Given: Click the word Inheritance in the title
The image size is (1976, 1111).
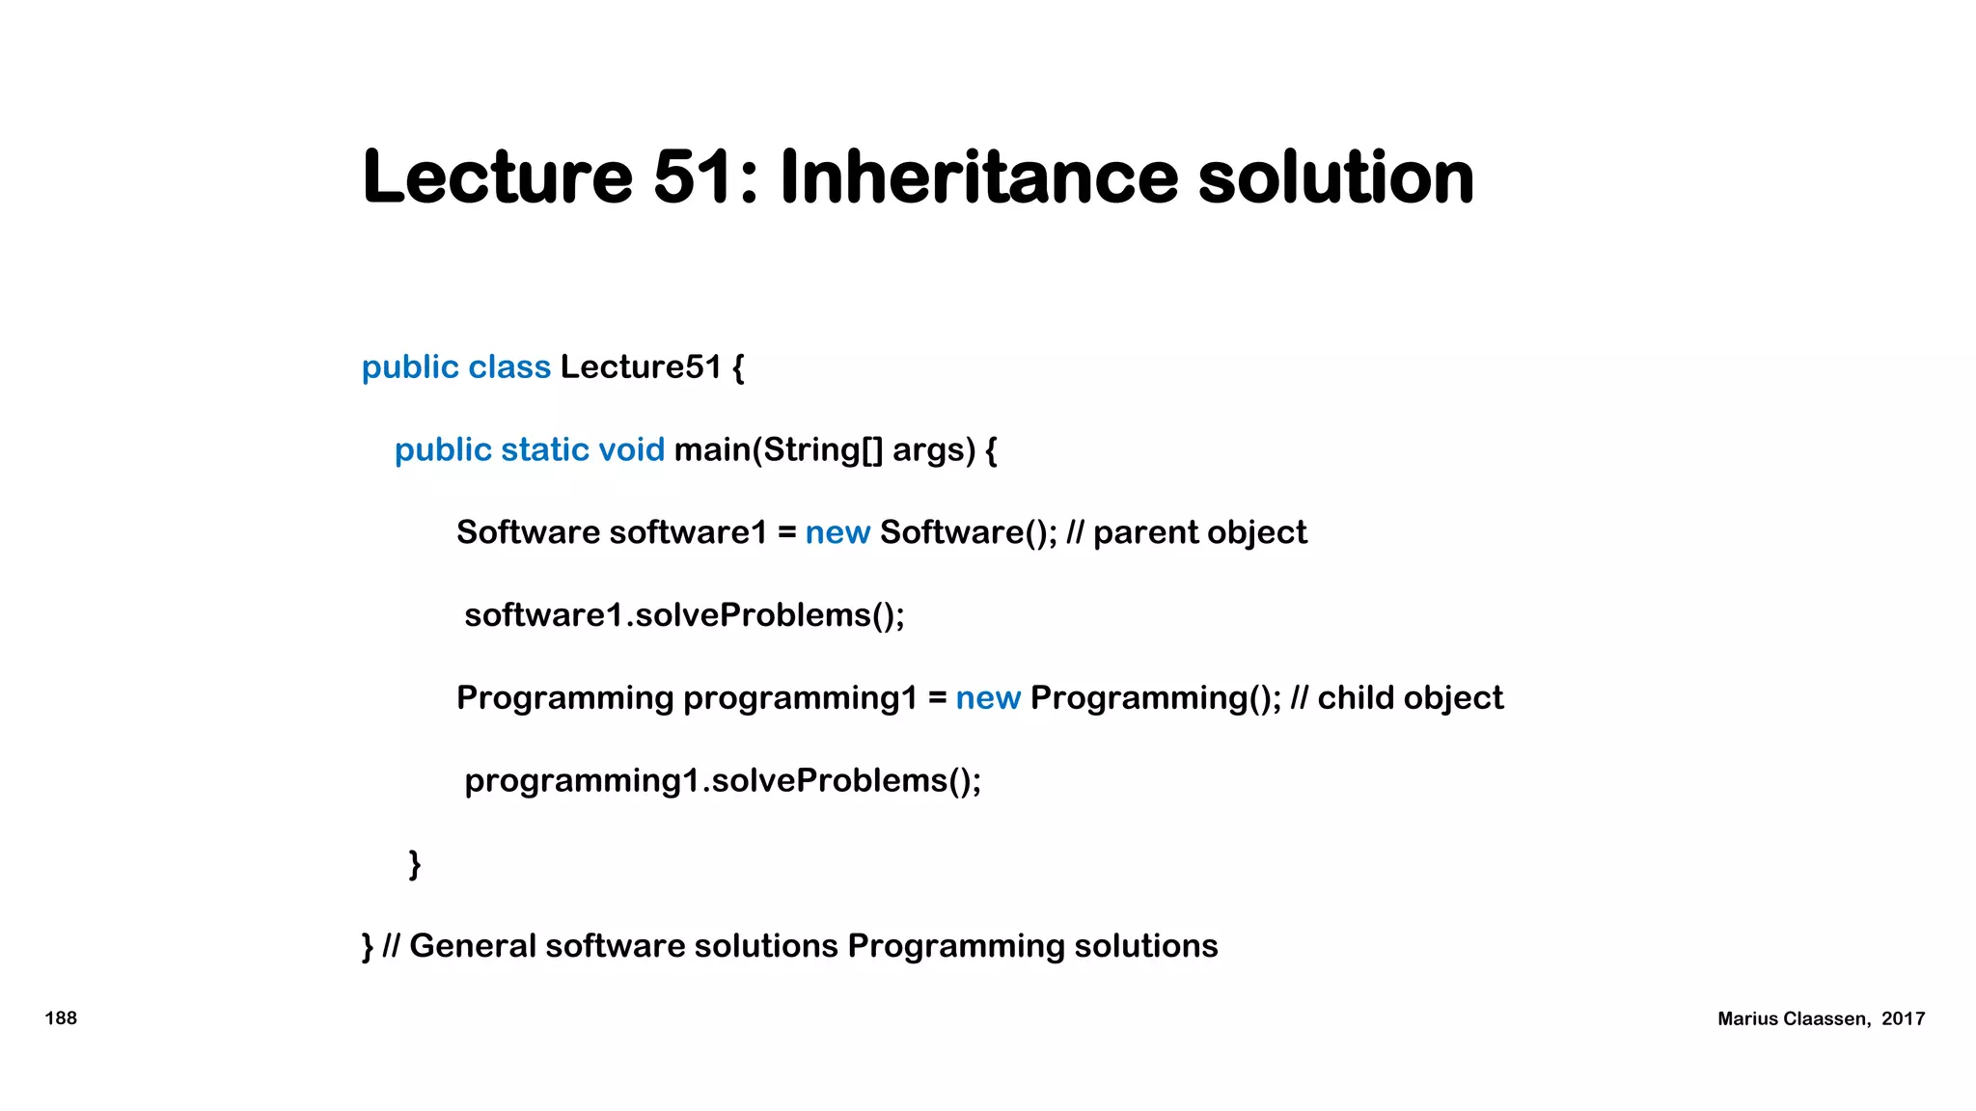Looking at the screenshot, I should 978,177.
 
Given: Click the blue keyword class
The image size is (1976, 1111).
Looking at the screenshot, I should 509,367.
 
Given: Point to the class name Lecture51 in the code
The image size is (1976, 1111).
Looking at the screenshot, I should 641,367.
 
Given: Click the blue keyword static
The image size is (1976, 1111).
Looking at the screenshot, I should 545,450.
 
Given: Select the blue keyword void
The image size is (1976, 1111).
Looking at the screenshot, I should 631,450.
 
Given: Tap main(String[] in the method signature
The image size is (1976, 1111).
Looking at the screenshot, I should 778,450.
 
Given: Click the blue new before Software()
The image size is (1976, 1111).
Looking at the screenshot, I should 837,532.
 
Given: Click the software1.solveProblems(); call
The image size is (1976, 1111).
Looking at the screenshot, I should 684,615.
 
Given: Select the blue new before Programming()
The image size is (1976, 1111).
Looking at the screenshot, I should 988,698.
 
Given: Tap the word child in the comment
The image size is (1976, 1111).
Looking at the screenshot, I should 1355,698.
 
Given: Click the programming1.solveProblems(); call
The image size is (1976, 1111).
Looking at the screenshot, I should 723,781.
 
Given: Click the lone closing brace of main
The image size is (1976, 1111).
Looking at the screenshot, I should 415,864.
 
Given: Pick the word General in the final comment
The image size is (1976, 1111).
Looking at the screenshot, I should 472,946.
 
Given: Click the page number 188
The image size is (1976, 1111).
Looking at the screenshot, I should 61,1018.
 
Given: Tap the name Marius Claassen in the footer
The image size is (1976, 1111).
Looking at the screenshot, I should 1793,1019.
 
